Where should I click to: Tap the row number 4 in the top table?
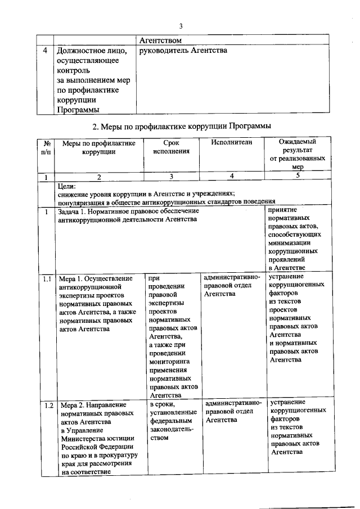click(x=44, y=51)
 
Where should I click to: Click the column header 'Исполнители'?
click(x=232, y=143)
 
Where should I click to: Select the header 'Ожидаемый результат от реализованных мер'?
click(x=298, y=155)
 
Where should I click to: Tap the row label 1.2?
click(x=47, y=405)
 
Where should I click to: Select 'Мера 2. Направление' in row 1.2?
click(x=93, y=405)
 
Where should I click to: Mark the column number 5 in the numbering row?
click(x=298, y=176)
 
